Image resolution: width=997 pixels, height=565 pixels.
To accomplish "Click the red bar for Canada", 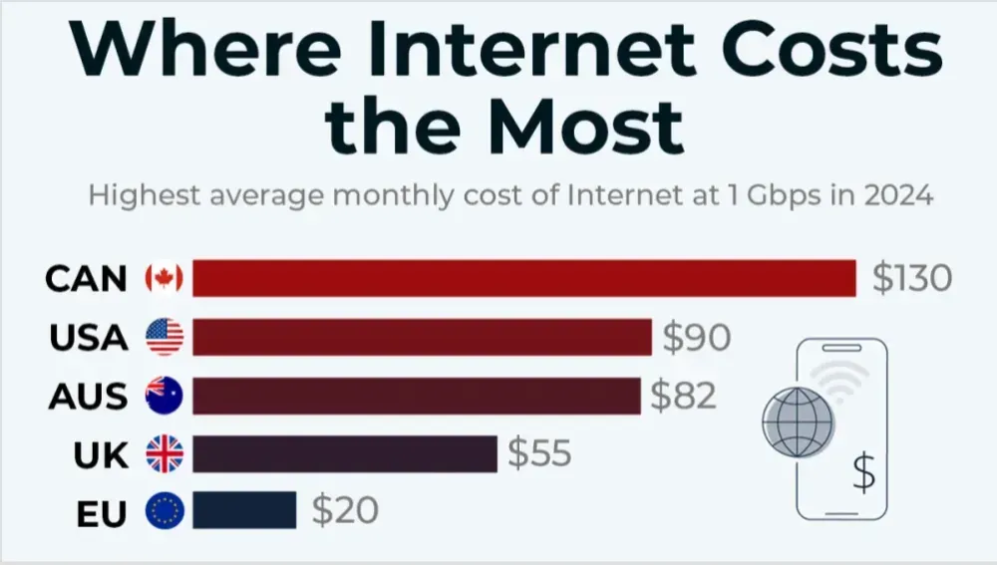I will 523,278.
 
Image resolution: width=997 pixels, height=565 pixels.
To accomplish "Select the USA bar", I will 422,337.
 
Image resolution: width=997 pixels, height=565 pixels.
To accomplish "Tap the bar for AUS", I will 416,396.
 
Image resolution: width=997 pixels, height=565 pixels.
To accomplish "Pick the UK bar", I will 344,453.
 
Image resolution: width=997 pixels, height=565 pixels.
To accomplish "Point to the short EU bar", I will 244,510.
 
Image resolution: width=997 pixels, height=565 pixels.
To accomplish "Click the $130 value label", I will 911,278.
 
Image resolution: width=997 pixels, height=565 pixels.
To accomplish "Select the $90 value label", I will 697,338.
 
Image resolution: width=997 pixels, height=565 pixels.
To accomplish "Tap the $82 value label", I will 684,396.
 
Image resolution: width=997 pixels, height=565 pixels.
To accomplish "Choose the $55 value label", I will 539,453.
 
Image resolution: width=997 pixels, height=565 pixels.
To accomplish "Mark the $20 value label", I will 345,511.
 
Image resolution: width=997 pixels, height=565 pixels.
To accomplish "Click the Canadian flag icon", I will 165,279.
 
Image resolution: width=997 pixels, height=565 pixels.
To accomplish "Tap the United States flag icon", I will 165,338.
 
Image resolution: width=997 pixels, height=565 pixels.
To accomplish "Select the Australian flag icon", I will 165,396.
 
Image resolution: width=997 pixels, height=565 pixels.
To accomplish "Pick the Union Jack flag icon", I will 165,454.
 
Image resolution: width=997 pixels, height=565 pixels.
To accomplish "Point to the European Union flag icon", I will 165,512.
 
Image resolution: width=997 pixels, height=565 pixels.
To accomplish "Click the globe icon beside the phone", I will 797,422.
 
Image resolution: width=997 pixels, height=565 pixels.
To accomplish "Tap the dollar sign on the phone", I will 863,471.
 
